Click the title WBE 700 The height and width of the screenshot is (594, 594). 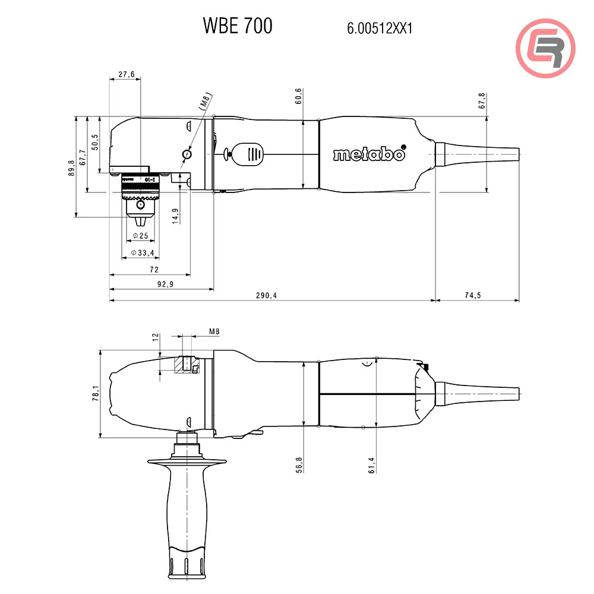click(238, 26)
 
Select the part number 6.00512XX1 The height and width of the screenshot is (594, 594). click(380, 28)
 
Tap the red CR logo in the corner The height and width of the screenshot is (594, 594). click(545, 48)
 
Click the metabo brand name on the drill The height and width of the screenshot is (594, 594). click(369, 154)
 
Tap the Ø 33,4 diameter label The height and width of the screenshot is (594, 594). click(142, 254)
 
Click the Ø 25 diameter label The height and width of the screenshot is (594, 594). click(141, 236)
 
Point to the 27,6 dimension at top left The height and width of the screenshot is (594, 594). click(127, 74)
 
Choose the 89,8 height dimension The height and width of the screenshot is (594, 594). click(71, 168)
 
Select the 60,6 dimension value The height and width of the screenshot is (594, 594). click(298, 96)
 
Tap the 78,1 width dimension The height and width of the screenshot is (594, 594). click(96, 393)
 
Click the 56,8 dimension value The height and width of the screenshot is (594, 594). click(299, 464)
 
